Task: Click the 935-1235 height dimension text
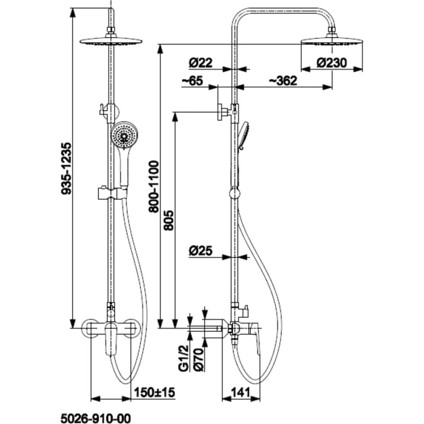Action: (x=66, y=168)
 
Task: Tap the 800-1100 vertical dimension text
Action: (x=154, y=187)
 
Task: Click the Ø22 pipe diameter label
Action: (x=201, y=63)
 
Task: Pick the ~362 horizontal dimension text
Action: (x=282, y=81)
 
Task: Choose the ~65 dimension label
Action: (x=192, y=81)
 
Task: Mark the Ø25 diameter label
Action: (x=201, y=251)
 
